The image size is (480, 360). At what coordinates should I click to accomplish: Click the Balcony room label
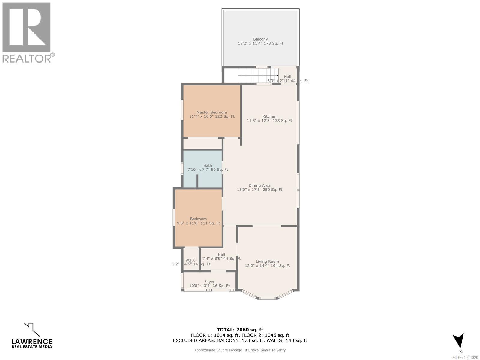pos(260,39)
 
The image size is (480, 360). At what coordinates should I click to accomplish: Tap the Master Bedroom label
pos(212,112)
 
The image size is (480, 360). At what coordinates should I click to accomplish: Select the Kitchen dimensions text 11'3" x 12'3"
pos(269,121)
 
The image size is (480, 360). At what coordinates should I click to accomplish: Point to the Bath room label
pos(208,165)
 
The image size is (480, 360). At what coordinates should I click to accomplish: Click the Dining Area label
pos(259,185)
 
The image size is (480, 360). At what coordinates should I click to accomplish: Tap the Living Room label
pos(267,262)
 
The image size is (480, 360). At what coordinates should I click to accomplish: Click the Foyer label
pos(209,282)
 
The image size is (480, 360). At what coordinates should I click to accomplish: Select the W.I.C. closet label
pos(191,260)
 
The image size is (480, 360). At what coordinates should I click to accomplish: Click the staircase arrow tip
pos(277,76)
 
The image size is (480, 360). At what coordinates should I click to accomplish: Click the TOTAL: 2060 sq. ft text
pos(240,330)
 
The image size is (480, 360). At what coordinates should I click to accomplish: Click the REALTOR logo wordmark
pos(27,58)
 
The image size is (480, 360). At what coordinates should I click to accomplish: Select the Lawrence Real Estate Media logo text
pos(32,343)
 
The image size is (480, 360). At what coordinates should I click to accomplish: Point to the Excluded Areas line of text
pos(240,340)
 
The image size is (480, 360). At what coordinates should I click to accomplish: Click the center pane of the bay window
pos(267,298)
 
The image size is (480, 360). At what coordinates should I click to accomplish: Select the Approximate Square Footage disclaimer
pos(240,350)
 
